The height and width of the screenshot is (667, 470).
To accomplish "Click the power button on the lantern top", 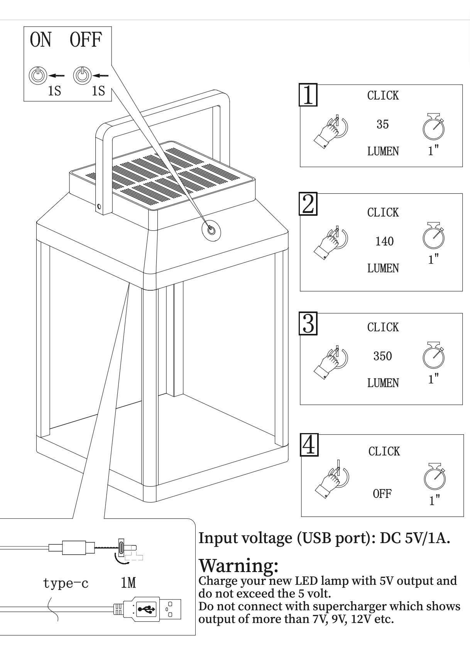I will pos(211,230).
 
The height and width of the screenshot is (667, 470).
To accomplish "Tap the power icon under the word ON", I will pos(37,75).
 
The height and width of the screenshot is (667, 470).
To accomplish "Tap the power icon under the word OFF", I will pos(82,75).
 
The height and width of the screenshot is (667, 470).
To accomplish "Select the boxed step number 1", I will pos(308,95).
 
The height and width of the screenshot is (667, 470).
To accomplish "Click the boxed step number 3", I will pos(308,323).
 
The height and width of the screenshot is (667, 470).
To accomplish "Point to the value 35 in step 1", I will pos(382,124).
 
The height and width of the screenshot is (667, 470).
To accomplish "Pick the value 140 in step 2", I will pos(384,242).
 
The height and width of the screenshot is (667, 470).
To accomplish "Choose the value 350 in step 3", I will pos(382,356).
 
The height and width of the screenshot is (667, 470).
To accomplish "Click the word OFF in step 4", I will pos(382,494).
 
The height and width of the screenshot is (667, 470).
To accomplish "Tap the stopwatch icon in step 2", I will pos(433,236).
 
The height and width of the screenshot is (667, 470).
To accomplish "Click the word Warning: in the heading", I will pos(238,565).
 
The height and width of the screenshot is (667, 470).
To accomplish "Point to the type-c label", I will pos(66,583).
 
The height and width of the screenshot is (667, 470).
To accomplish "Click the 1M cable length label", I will pos(128,583).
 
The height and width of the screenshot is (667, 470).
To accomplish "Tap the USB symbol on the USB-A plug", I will pos(146,610).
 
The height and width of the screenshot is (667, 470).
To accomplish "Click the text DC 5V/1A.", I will pos(415,538).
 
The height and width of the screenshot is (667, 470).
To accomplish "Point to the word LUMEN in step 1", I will pos(383,151).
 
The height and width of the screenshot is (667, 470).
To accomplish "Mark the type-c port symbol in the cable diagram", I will pos(121,548).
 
